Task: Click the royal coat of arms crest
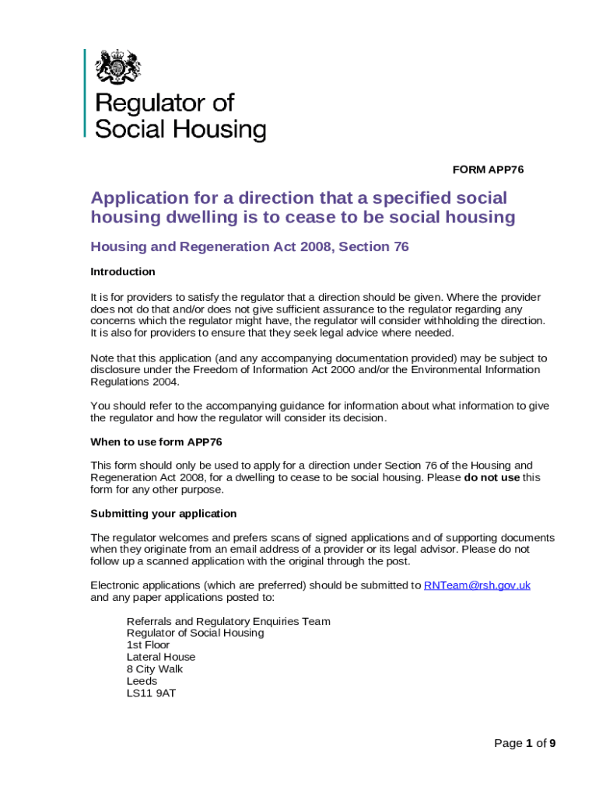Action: click(x=117, y=67)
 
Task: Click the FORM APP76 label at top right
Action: click(x=489, y=169)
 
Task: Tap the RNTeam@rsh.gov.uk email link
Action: click(x=477, y=585)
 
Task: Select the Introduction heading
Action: click(x=123, y=272)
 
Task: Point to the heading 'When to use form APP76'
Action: click(x=156, y=442)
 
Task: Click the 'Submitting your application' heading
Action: click(x=163, y=514)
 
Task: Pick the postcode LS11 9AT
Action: click(x=151, y=693)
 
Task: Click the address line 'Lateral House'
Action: click(x=161, y=657)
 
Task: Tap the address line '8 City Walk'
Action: click(x=155, y=669)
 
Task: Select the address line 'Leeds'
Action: click(x=142, y=681)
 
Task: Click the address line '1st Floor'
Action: click(x=148, y=645)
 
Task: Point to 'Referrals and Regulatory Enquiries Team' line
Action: click(x=228, y=621)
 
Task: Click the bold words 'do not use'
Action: click(x=492, y=477)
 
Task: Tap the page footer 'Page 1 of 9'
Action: click(x=525, y=743)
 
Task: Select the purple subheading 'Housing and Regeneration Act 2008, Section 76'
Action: click(x=250, y=247)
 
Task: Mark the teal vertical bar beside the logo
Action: click(x=85, y=93)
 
